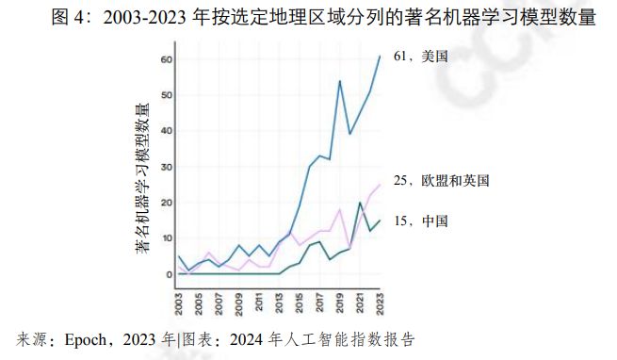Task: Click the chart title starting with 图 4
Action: point(308,17)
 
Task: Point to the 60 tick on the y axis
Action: point(166,59)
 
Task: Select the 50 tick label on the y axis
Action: point(166,95)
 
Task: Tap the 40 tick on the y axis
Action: point(166,131)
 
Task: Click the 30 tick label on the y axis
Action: point(166,167)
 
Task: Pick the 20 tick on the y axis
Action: point(166,203)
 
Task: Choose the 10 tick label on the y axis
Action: point(166,238)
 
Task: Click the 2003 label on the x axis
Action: point(180,303)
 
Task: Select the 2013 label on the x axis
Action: point(280,303)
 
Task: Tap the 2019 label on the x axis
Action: point(340,303)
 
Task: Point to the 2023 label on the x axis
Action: point(380,303)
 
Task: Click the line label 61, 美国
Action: point(420,57)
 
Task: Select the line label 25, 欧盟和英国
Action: point(441,180)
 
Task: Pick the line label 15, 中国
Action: point(420,221)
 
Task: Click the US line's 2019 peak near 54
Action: point(339,81)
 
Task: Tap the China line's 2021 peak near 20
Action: point(359,203)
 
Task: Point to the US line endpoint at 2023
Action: point(380,57)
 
